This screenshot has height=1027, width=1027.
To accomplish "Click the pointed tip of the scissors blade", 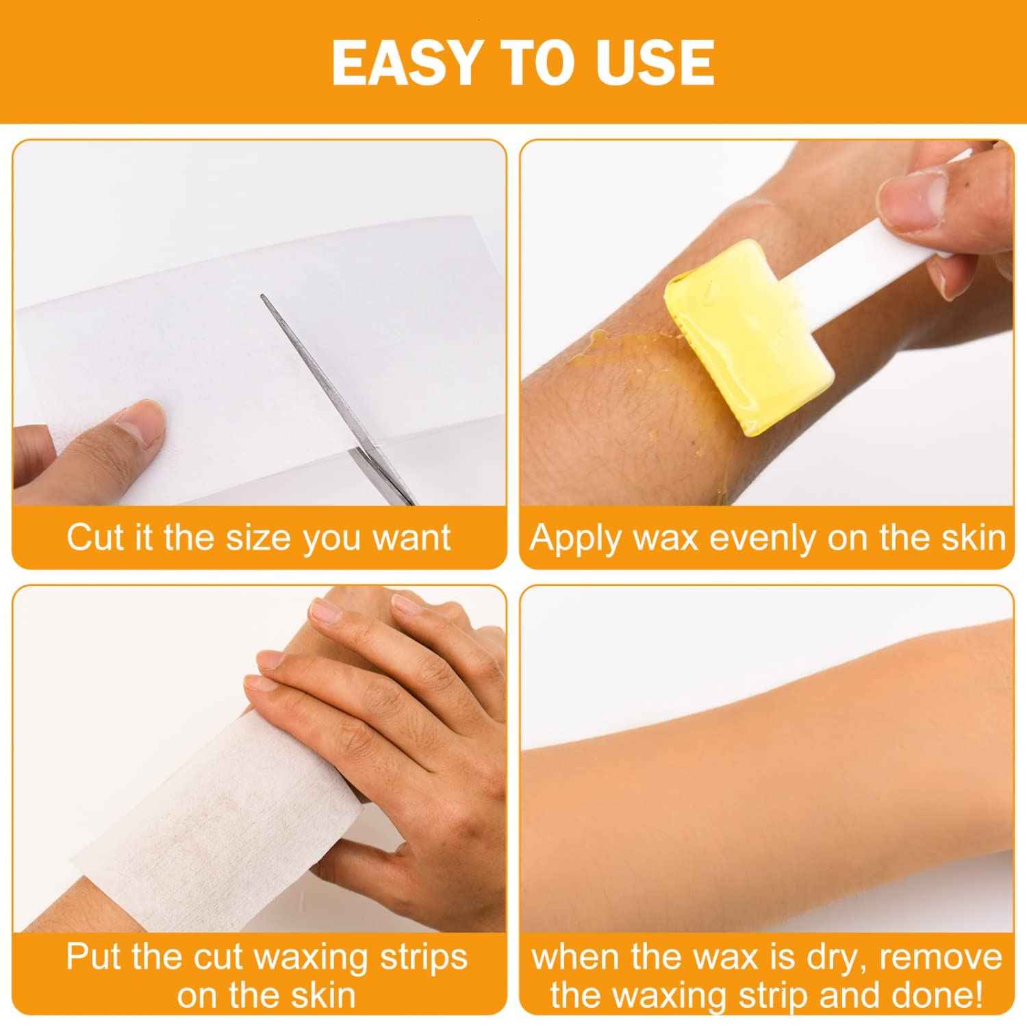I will tap(262, 296).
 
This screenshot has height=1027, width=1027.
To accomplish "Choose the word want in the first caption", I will tap(411, 537).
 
